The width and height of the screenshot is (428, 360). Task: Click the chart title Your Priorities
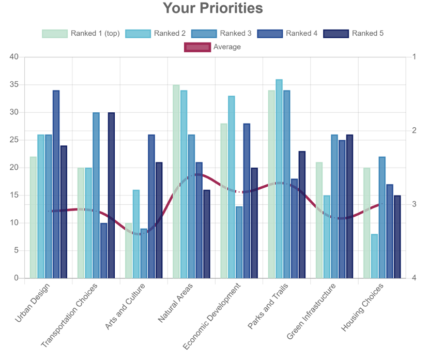tap(213, 8)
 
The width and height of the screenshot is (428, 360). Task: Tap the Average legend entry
tap(212, 47)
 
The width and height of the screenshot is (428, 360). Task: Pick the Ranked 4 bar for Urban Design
tap(56, 185)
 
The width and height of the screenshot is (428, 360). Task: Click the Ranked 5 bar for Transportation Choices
tap(111, 196)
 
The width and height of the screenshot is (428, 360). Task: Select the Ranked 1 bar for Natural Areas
tap(176, 182)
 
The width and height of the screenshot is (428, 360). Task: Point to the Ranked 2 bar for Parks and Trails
tap(279, 179)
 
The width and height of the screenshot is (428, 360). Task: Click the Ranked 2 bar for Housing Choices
tap(374, 256)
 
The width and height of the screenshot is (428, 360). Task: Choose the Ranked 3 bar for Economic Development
tap(239, 242)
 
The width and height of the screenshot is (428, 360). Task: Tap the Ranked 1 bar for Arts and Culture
tap(129, 250)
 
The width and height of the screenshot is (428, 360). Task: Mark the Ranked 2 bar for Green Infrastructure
tap(327, 237)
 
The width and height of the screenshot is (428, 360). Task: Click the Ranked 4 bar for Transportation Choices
tap(103, 250)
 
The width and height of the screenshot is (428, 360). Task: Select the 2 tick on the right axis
tap(415, 131)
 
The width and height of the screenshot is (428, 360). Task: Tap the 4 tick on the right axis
tap(415, 278)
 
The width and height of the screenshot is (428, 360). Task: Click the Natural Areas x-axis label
tap(176, 304)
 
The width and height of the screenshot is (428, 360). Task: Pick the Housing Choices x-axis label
tap(362, 308)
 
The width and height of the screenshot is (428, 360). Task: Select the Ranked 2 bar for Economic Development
tap(231, 187)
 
